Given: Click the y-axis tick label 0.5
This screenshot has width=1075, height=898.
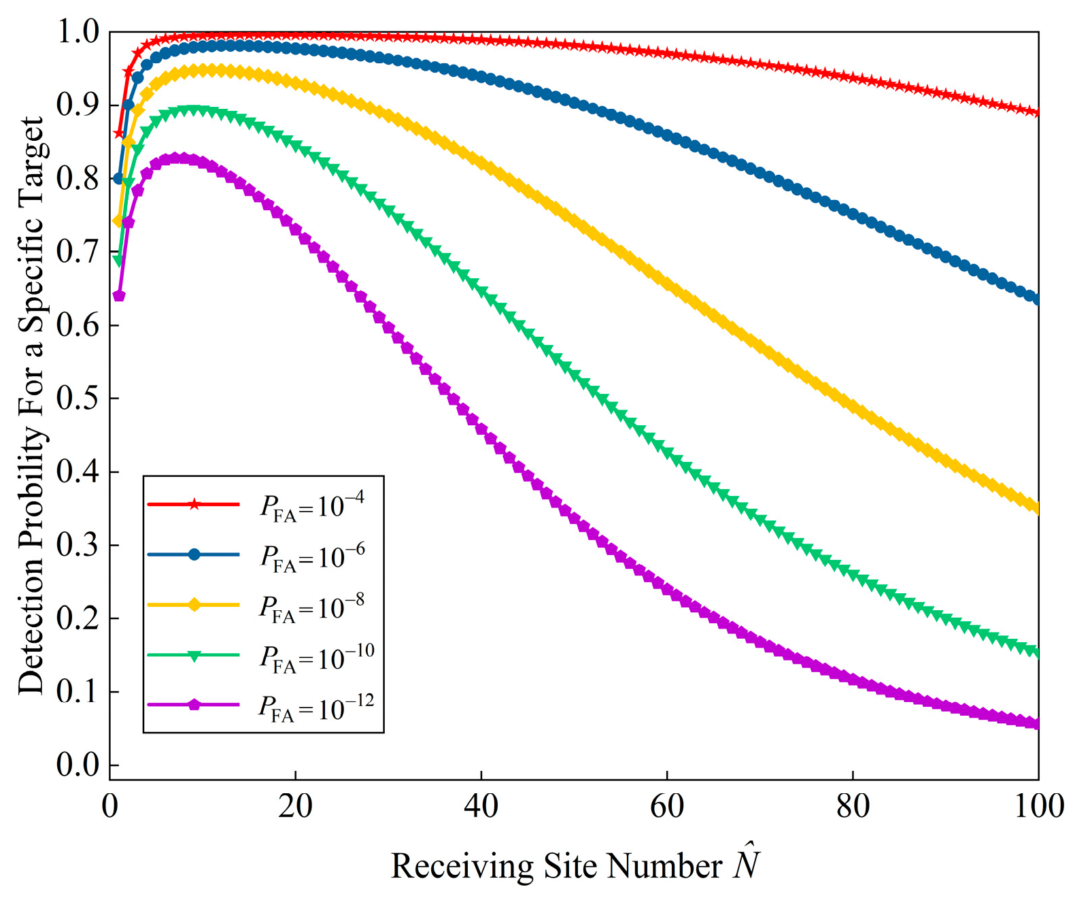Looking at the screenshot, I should (78, 399).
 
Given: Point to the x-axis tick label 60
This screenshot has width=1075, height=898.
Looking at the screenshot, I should (666, 807).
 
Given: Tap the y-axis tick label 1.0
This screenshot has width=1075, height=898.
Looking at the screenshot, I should (78, 32).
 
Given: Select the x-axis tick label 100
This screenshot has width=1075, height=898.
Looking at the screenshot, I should (1038, 807).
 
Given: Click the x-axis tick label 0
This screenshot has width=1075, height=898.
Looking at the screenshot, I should (110, 807).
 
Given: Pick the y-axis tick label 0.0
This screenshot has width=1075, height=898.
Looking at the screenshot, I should (78, 765).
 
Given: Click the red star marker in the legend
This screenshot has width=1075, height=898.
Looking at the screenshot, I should (194, 504).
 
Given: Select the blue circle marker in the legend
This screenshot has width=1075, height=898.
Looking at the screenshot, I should (194, 554).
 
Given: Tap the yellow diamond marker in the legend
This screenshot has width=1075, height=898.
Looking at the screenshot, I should (194, 605).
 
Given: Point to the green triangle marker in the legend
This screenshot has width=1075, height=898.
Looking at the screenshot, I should (194, 655).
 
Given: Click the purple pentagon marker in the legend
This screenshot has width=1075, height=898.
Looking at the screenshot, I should (194, 705).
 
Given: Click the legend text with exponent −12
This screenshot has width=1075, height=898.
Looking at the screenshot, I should (316, 708).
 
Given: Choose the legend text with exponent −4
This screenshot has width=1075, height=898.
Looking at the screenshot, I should (312, 506).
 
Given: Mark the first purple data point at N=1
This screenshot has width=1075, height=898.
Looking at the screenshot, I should (119, 296).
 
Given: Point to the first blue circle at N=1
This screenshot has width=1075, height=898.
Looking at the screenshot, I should (119, 179).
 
